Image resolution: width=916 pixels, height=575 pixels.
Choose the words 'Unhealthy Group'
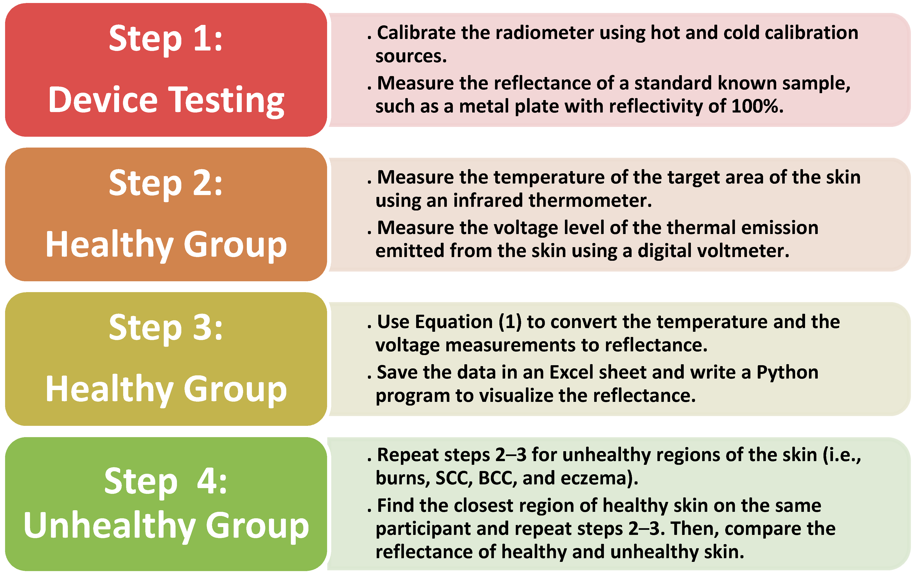coord(166,526)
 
